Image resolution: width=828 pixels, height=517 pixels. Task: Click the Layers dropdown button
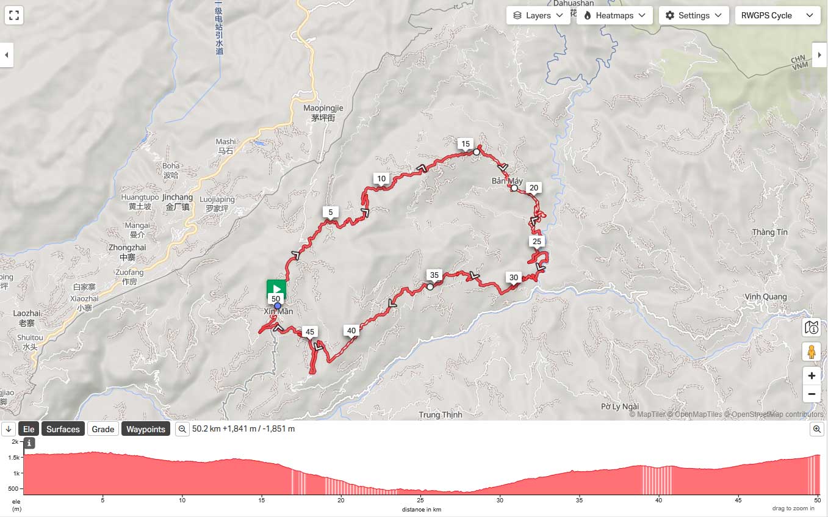pos(538,15)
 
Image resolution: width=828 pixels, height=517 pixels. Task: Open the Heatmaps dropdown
pos(614,15)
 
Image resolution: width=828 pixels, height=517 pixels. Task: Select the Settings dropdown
pos(694,15)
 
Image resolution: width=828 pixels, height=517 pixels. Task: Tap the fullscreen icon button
pos(14,15)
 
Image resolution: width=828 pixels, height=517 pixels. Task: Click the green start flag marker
pos(276,289)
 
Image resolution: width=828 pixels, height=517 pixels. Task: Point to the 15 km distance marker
pos(466,144)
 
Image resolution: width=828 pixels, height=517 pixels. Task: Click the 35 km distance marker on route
pos(434,275)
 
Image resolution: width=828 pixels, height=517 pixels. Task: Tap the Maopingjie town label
pos(323,113)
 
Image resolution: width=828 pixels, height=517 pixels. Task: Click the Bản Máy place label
pos(507,181)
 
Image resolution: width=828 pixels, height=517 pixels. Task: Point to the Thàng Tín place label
pos(770,232)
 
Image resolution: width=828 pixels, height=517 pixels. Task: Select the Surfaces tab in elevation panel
pos(63,429)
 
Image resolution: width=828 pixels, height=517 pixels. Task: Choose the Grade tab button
pos(103,429)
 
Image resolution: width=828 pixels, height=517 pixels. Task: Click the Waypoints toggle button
pos(146,429)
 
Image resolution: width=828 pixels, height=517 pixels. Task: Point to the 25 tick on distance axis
pos(421,501)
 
